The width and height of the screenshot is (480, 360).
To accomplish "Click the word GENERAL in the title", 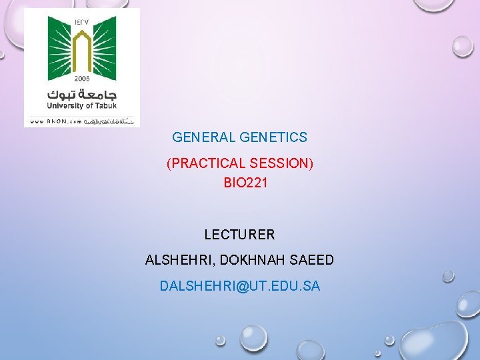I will [x=194, y=138].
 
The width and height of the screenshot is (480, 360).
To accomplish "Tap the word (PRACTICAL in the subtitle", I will [x=205, y=163].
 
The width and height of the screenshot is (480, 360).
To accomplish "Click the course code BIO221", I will [x=245, y=183].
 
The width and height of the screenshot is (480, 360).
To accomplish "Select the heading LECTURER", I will [x=239, y=235].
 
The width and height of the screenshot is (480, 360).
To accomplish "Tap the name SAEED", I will [x=313, y=260].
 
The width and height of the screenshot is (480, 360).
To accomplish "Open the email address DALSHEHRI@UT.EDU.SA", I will [x=240, y=286].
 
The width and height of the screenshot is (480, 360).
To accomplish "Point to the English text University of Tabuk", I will [x=81, y=105].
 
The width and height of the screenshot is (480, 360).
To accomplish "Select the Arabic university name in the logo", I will [x=81, y=92].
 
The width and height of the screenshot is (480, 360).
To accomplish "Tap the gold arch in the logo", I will [x=81, y=50].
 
